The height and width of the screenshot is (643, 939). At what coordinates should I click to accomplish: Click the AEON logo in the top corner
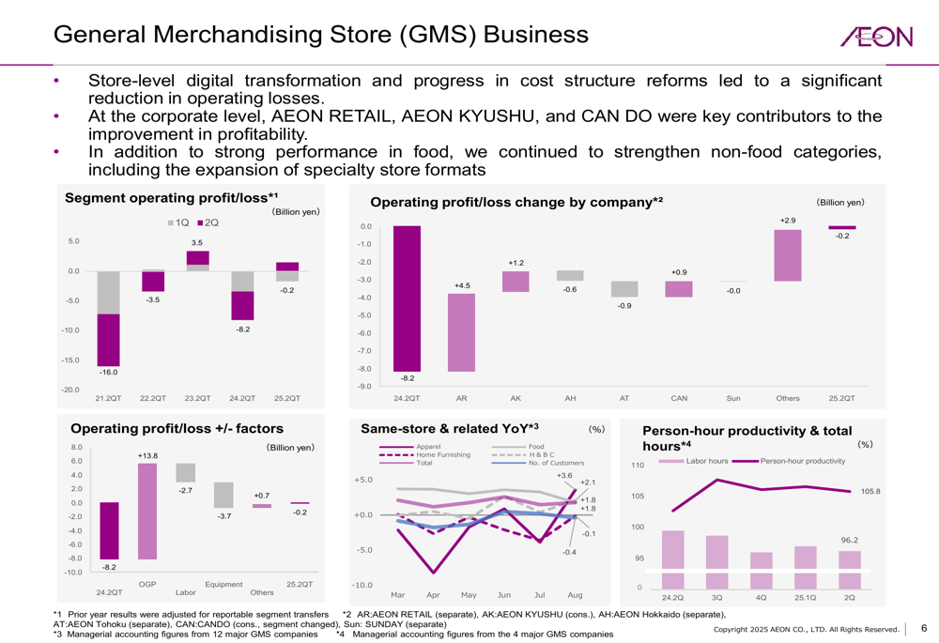pyautogui.click(x=876, y=37)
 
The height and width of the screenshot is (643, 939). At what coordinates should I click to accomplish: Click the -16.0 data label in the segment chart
pyautogui.click(x=109, y=373)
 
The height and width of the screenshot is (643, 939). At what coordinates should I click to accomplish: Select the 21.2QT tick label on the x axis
pyautogui.click(x=109, y=399)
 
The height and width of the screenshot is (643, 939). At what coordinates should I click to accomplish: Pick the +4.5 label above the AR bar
pyautogui.click(x=461, y=285)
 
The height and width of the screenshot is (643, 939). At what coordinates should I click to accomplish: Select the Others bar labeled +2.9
pyautogui.click(x=788, y=255)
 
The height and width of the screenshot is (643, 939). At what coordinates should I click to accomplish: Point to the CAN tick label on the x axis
pyautogui.click(x=679, y=399)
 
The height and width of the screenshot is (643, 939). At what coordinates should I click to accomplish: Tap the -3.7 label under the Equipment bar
pyautogui.click(x=223, y=516)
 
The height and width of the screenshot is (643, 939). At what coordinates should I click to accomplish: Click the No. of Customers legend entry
pyautogui.click(x=556, y=463)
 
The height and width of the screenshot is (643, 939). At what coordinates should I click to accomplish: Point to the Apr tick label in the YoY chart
pyautogui.click(x=433, y=595)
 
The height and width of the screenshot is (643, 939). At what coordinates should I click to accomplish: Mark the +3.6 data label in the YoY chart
pyautogui.click(x=563, y=476)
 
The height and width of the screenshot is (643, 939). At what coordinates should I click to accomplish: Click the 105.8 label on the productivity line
pyautogui.click(x=870, y=491)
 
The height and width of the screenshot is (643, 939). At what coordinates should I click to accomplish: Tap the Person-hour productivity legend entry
pyautogui.click(x=802, y=461)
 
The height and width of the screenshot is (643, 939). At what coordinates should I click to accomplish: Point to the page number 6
pyautogui.click(x=923, y=628)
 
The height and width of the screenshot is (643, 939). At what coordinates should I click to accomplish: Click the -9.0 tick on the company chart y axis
pyautogui.click(x=365, y=387)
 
